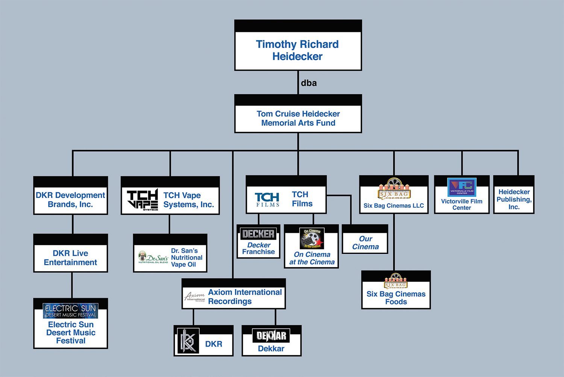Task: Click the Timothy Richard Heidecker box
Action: [x=298, y=50]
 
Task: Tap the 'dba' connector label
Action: [x=309, y=83]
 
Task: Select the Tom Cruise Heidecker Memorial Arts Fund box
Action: [x=298, y=118]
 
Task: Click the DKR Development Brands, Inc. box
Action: [x=71, y=200]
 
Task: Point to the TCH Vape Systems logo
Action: [x=142, y=200]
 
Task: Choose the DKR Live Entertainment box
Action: [x=71, y=258]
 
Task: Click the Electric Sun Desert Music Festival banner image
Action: [x=71, y=311]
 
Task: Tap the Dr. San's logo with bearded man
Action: [x=153, y=257]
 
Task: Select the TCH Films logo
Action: [x=267, y=200]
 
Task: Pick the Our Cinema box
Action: [x=365, y=243]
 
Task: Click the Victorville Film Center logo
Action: [x=462, y=187]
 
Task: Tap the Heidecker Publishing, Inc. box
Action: [x=514, y=199]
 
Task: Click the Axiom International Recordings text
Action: [x=245, y=297]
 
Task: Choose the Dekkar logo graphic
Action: [x=271, y=336]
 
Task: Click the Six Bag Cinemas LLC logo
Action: [x=394, y=189]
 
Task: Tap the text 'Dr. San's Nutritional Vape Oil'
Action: [x=186, y=258]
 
